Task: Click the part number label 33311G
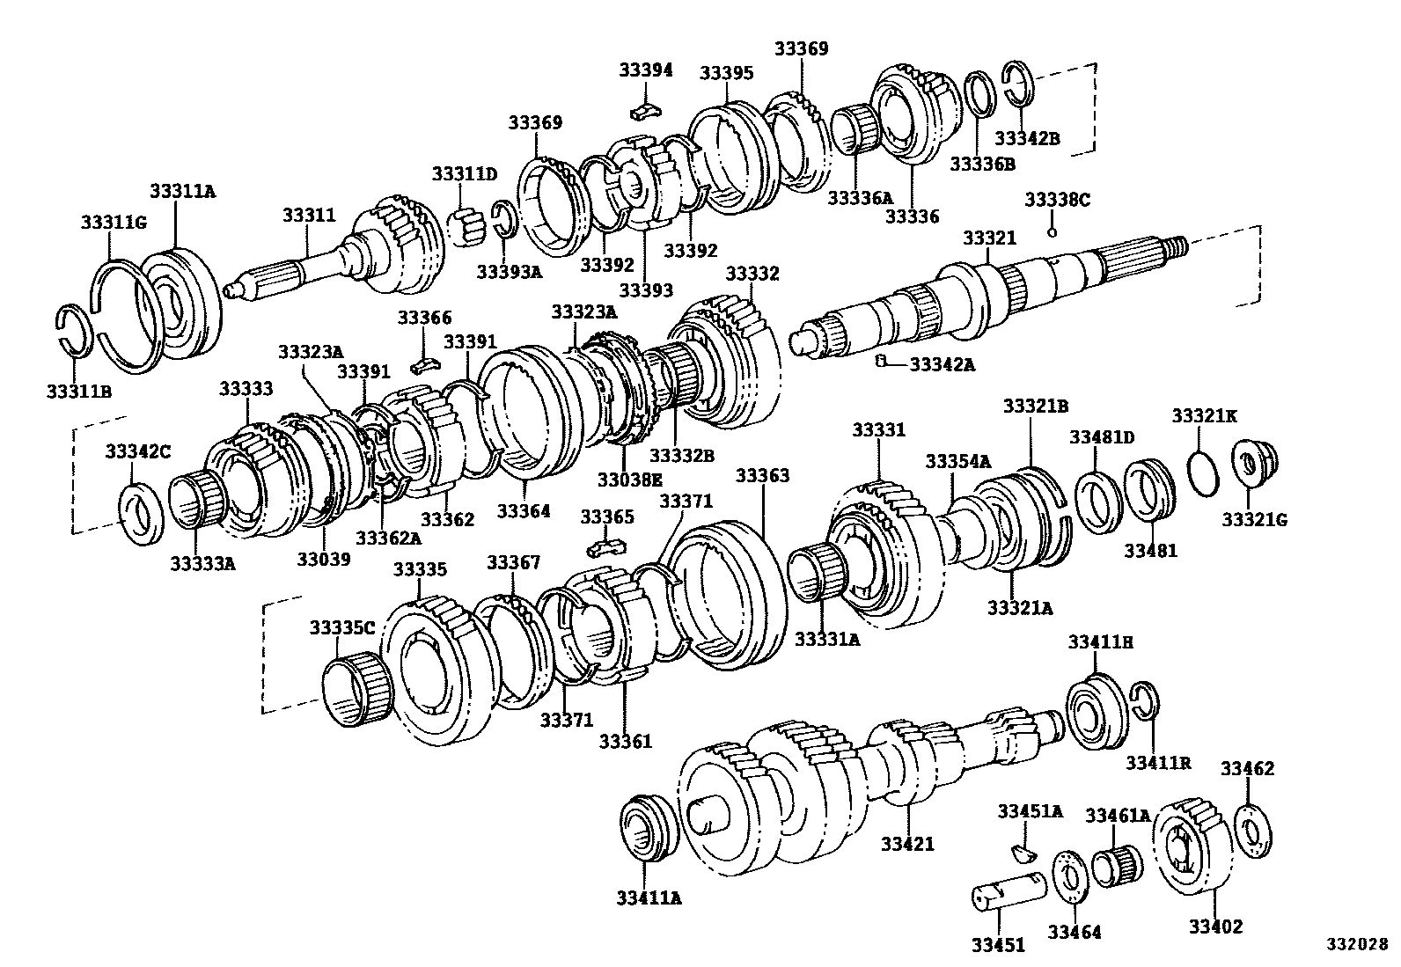pyautogui.click(x=113, y=222)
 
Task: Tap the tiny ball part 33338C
pyautogui.click(x=1052, y=232)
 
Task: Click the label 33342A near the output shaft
pyautogui.click(x=942, y=363)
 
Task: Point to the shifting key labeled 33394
pyautogui.click(x=644, y=111)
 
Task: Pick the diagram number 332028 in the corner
pyautogui.click(x=1357, y=946)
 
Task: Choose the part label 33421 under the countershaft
pyautogui.click(x=907, y=844)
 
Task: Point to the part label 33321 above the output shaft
pyautogui.click(x=989, y=238)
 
